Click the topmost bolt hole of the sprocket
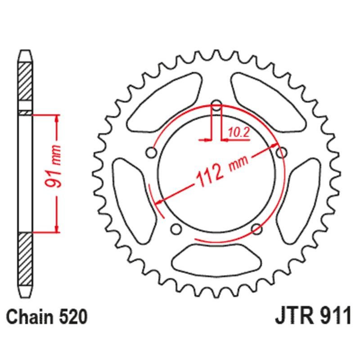(x=216, y=107)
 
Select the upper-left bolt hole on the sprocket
(x=152, y=154)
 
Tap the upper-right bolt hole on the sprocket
(x=282, y=153)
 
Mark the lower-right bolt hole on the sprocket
(x=257, y=229)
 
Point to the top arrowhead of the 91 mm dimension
(x=56, y=118)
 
